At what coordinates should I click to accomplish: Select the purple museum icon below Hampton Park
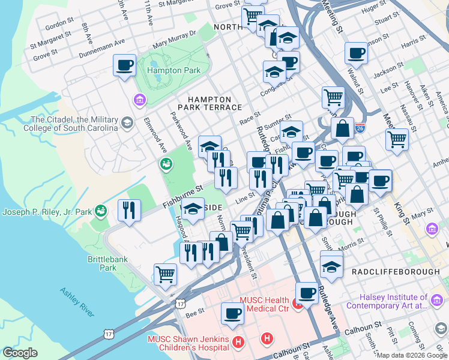(139, 99)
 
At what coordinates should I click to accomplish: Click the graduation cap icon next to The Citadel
(127, 124)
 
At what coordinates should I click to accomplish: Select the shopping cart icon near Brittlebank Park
(165, 275)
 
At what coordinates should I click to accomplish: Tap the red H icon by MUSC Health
(298, 306)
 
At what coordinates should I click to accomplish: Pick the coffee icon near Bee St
(232, 313)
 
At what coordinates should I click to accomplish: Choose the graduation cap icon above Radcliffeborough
(331, 265)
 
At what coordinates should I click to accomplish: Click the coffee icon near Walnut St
(356, 53)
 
